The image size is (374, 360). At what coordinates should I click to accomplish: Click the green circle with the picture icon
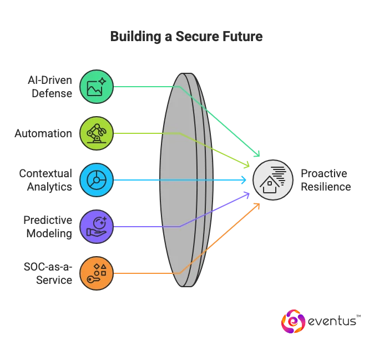tap(97, 87)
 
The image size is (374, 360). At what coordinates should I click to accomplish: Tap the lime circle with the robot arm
tap(97, 133)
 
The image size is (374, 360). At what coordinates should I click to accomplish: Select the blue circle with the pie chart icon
tap(97, 180)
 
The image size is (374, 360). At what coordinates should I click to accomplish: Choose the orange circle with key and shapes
tap(97, 273)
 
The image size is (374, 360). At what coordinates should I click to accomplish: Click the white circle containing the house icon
tap(273, 180)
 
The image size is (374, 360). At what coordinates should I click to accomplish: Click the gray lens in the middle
tap(185, 180)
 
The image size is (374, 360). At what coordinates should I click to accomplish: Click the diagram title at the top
tap(186, 37)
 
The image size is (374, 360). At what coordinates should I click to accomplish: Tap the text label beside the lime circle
tap(44, 133)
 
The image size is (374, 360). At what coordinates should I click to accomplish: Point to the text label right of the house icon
tap(324, 180)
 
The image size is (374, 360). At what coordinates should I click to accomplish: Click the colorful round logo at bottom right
tap(292, 321)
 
